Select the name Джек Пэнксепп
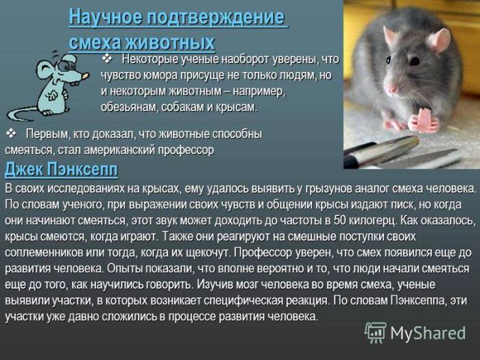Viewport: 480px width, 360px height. coord(61,169)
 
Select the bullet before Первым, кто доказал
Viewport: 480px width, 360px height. coord(11,132)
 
